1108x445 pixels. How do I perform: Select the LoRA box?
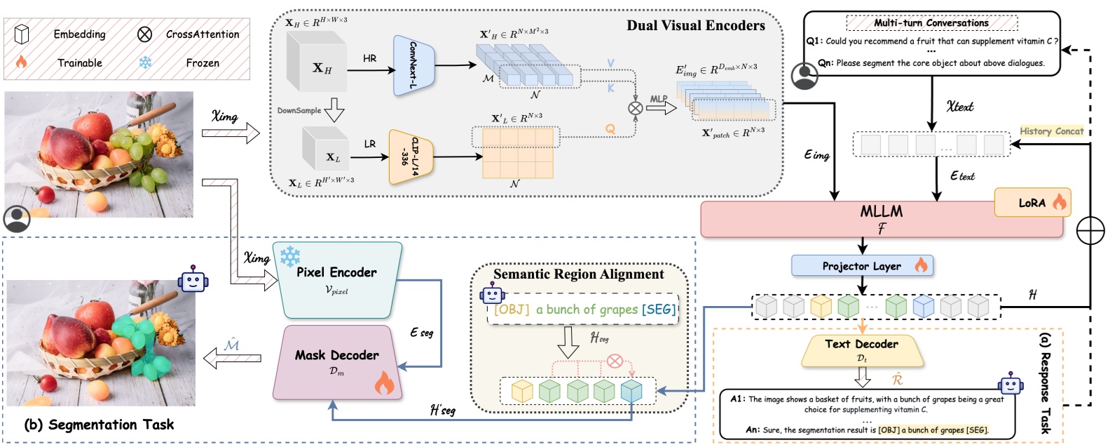pos(1032,203)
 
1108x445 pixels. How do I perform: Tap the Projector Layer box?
pos(862,266)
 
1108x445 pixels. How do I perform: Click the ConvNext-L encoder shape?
pos(414,65)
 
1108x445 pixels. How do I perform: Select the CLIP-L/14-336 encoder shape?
pos(411,157)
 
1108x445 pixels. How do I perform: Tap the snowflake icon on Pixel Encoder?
pos(290,256)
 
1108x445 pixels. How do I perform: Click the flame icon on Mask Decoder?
pos(384,383)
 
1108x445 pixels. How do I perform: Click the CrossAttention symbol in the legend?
pos(144,34)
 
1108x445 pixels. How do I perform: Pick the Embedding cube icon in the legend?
pos(22,34)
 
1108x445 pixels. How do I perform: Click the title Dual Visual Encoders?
pos(695,26)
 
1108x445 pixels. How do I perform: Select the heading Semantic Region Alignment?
pos(578,274)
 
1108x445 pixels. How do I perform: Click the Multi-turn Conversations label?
pos(931,22)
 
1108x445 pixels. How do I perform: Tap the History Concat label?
pos(1051,131)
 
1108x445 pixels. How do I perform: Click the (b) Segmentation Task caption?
pos(98,425)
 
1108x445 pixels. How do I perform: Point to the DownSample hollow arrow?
pos(334,110)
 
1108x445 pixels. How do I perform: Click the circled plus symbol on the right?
pos(1090,230)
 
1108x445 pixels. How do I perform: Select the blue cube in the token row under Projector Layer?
pos(923,306)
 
